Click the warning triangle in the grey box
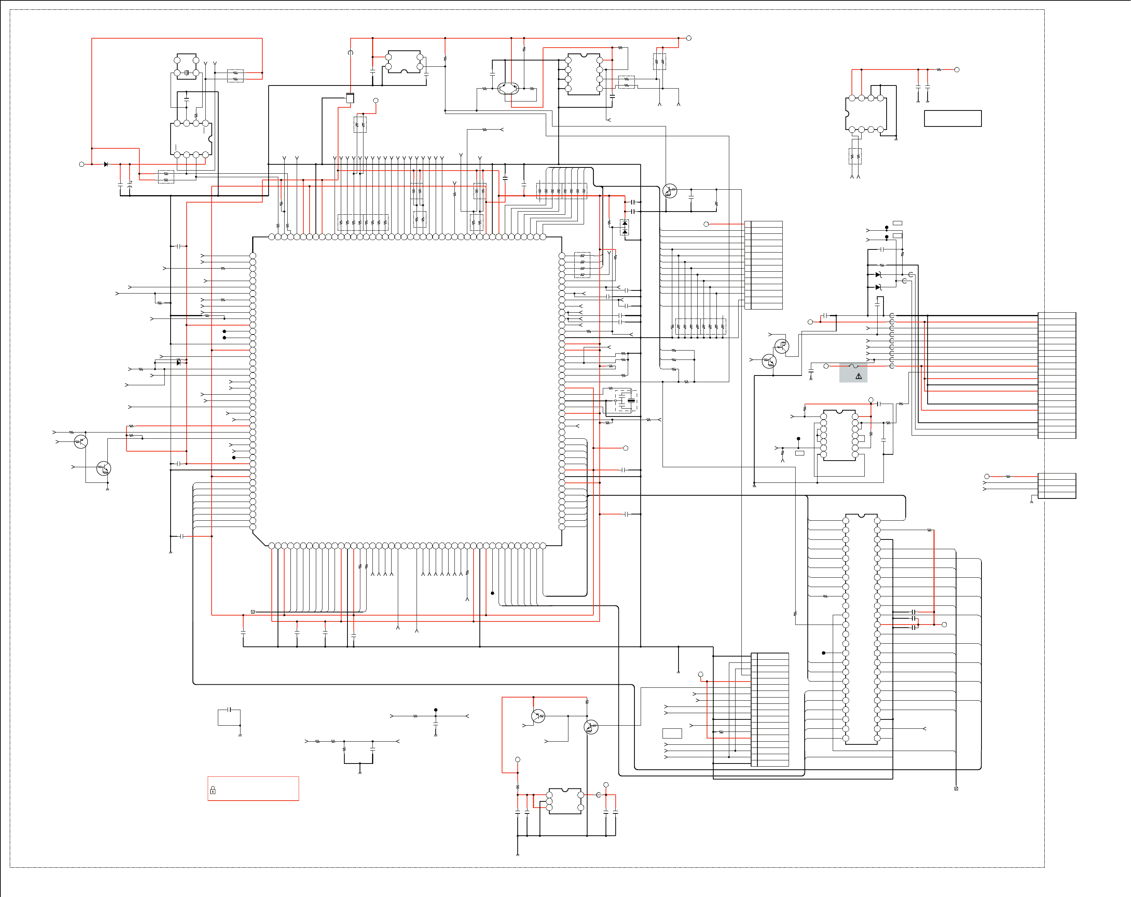point(859,376)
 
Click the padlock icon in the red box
point(213,790)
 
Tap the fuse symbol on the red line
point(853,366)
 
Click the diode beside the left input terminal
point(106,164)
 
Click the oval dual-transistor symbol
point(508,88)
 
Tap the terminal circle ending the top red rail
point(689,38)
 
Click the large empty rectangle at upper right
point(953,119)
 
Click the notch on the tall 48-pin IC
point(861,516)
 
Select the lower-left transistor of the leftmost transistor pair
point(104,468)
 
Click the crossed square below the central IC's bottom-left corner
point(253,612)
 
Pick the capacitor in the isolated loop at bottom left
point(229,710)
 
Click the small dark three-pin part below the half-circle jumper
point(350,98)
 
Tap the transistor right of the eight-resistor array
point(670,191)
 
